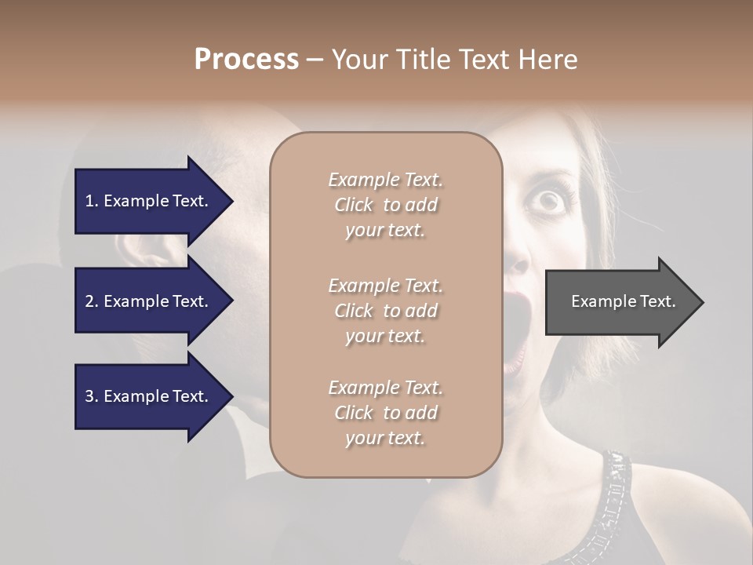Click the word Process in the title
coord(246,60)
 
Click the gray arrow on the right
coord(620,301)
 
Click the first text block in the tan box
coord(385,205)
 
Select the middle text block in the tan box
coord(385,310)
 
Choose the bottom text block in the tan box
coord(385,413)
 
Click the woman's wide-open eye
coord(548,201)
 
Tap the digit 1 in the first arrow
coord(89,201)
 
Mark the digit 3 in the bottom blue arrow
coord(89,396)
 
